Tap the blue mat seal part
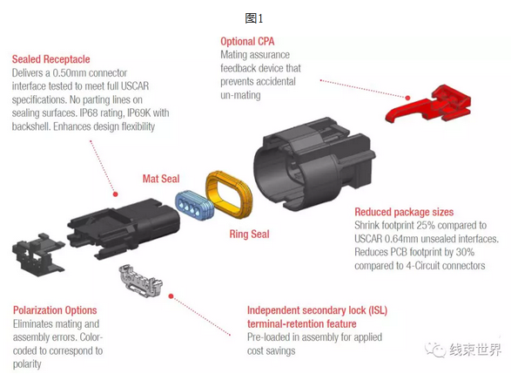[x=194, y=205]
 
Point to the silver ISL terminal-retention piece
[x=141, y=282]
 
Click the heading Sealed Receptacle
[x=50, y=59]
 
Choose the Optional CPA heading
[x=247, y=41]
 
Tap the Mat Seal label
[x=161, y=179]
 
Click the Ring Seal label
[x=249, y=234]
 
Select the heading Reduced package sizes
[x=404, y=212]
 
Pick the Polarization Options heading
[x=55, y=310]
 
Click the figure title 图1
[x=254, y=18]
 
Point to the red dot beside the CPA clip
[x=407, y=98]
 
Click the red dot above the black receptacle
[x=116, y=194]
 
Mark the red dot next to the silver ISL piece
[x=171, y=296]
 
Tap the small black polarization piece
[x=37, y=255]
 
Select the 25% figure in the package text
[x=426, y=225]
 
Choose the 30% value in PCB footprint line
[x=464, y=252]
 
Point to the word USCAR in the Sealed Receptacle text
[x=135, y=86]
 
